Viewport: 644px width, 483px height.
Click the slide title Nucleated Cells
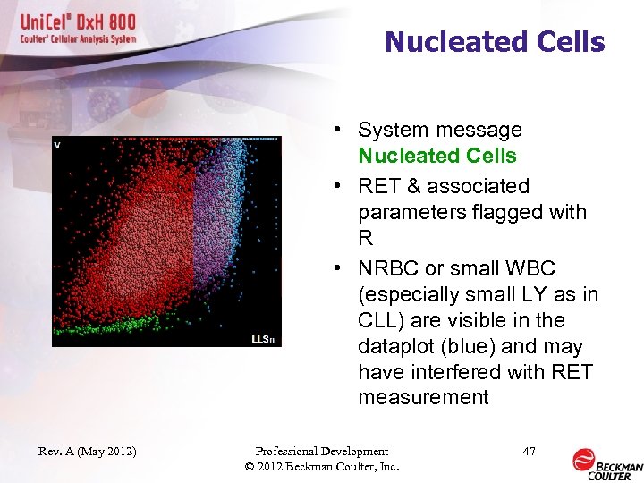coord(495,42)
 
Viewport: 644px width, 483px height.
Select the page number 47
coord(529,452)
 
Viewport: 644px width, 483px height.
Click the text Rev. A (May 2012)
coord(87,452)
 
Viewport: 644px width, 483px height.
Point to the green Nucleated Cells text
coord(436,156)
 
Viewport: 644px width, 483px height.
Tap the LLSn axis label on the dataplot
coord(262,339)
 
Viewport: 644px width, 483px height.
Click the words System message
coord(440,130)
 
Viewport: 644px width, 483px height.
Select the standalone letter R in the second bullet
coord(366,238)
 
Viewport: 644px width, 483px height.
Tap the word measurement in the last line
coord(423,397)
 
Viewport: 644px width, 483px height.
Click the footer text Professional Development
coord(322,452)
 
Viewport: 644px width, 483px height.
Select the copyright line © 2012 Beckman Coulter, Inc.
coord(322,467)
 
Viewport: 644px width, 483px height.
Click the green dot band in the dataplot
coord(107,324)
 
